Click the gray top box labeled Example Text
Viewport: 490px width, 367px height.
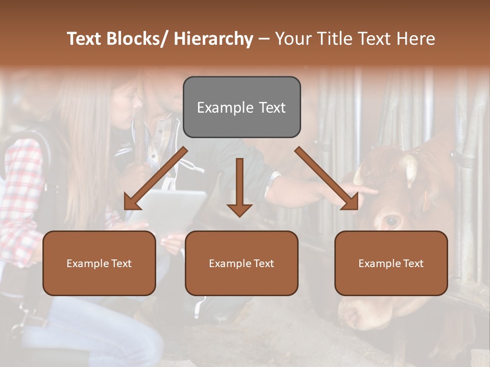(241, 107)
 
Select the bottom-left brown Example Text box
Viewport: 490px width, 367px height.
(99, 263)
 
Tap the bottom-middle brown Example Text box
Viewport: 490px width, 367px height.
(241, 263)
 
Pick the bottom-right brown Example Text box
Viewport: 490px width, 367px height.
(391, 263)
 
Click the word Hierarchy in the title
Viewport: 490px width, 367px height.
(213, 39)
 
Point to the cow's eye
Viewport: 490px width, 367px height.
(392, 221)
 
